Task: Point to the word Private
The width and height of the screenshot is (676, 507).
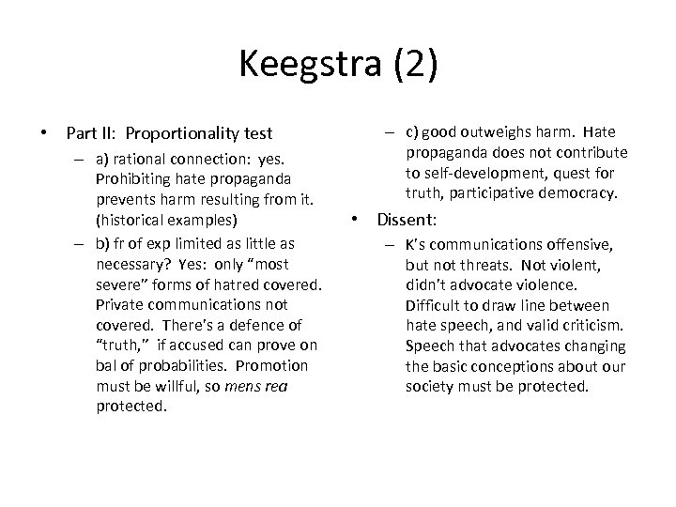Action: (117, 305)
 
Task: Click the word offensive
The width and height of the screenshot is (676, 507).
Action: (583, 245)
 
